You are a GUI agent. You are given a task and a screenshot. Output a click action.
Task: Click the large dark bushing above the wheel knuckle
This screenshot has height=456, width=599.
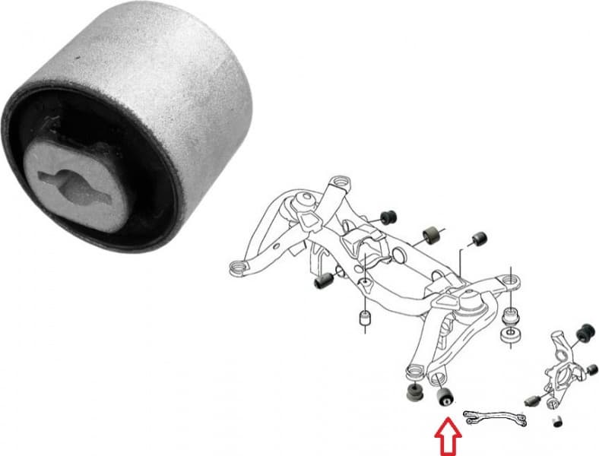(x=585, y=333)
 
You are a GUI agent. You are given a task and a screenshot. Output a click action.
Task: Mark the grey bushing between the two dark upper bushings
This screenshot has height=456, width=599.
(x=430, y=233)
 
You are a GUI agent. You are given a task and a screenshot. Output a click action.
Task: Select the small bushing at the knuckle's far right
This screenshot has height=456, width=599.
(x=592, y=370)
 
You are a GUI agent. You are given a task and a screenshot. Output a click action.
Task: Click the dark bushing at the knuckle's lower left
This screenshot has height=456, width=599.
(x=531, y=399)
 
